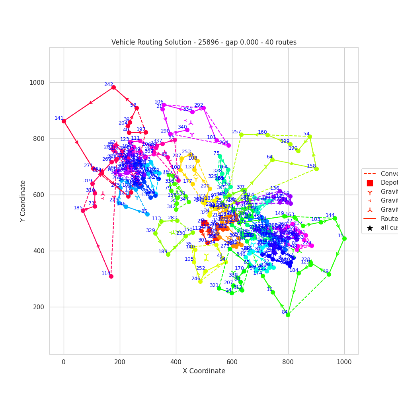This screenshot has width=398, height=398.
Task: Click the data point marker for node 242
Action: point(113,87)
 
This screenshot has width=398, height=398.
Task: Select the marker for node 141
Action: point(64,121)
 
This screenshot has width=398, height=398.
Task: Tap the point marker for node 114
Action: point(111,276)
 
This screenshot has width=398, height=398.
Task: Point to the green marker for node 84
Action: point(288,315)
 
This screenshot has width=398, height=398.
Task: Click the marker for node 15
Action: point(344,238)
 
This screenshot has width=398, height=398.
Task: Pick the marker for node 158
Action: point(316,169)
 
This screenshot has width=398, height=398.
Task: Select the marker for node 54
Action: point(310,137)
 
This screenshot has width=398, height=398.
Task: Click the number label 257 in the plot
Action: point(236,132)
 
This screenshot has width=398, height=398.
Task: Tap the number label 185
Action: point(78,208)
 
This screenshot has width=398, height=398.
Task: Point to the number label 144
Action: point(330,215)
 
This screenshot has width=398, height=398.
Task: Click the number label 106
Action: point(159,102)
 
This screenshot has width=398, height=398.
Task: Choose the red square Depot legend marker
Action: point(370,183)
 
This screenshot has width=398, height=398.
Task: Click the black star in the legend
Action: point(370,228)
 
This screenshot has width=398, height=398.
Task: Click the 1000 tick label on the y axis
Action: point(37,83)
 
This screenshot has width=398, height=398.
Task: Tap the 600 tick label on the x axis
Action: point(232,362)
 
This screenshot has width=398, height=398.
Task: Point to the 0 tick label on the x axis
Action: point(64,362)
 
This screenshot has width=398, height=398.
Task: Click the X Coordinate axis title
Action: point(204,371)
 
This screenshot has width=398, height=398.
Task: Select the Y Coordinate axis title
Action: point(23,201)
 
